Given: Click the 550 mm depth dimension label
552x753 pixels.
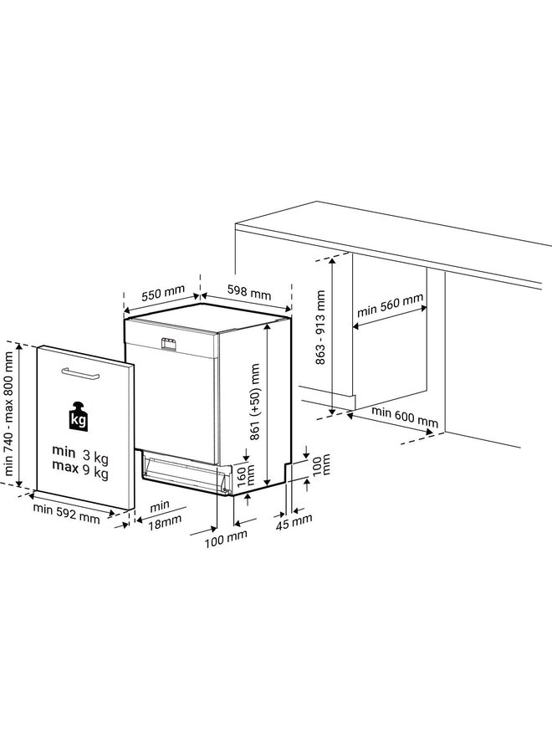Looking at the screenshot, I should click(162, 294).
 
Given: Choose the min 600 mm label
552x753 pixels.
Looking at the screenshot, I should click(405, 419).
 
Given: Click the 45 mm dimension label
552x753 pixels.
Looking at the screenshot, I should click(294, 519).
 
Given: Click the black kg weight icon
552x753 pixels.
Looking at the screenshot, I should click(78, 417).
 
